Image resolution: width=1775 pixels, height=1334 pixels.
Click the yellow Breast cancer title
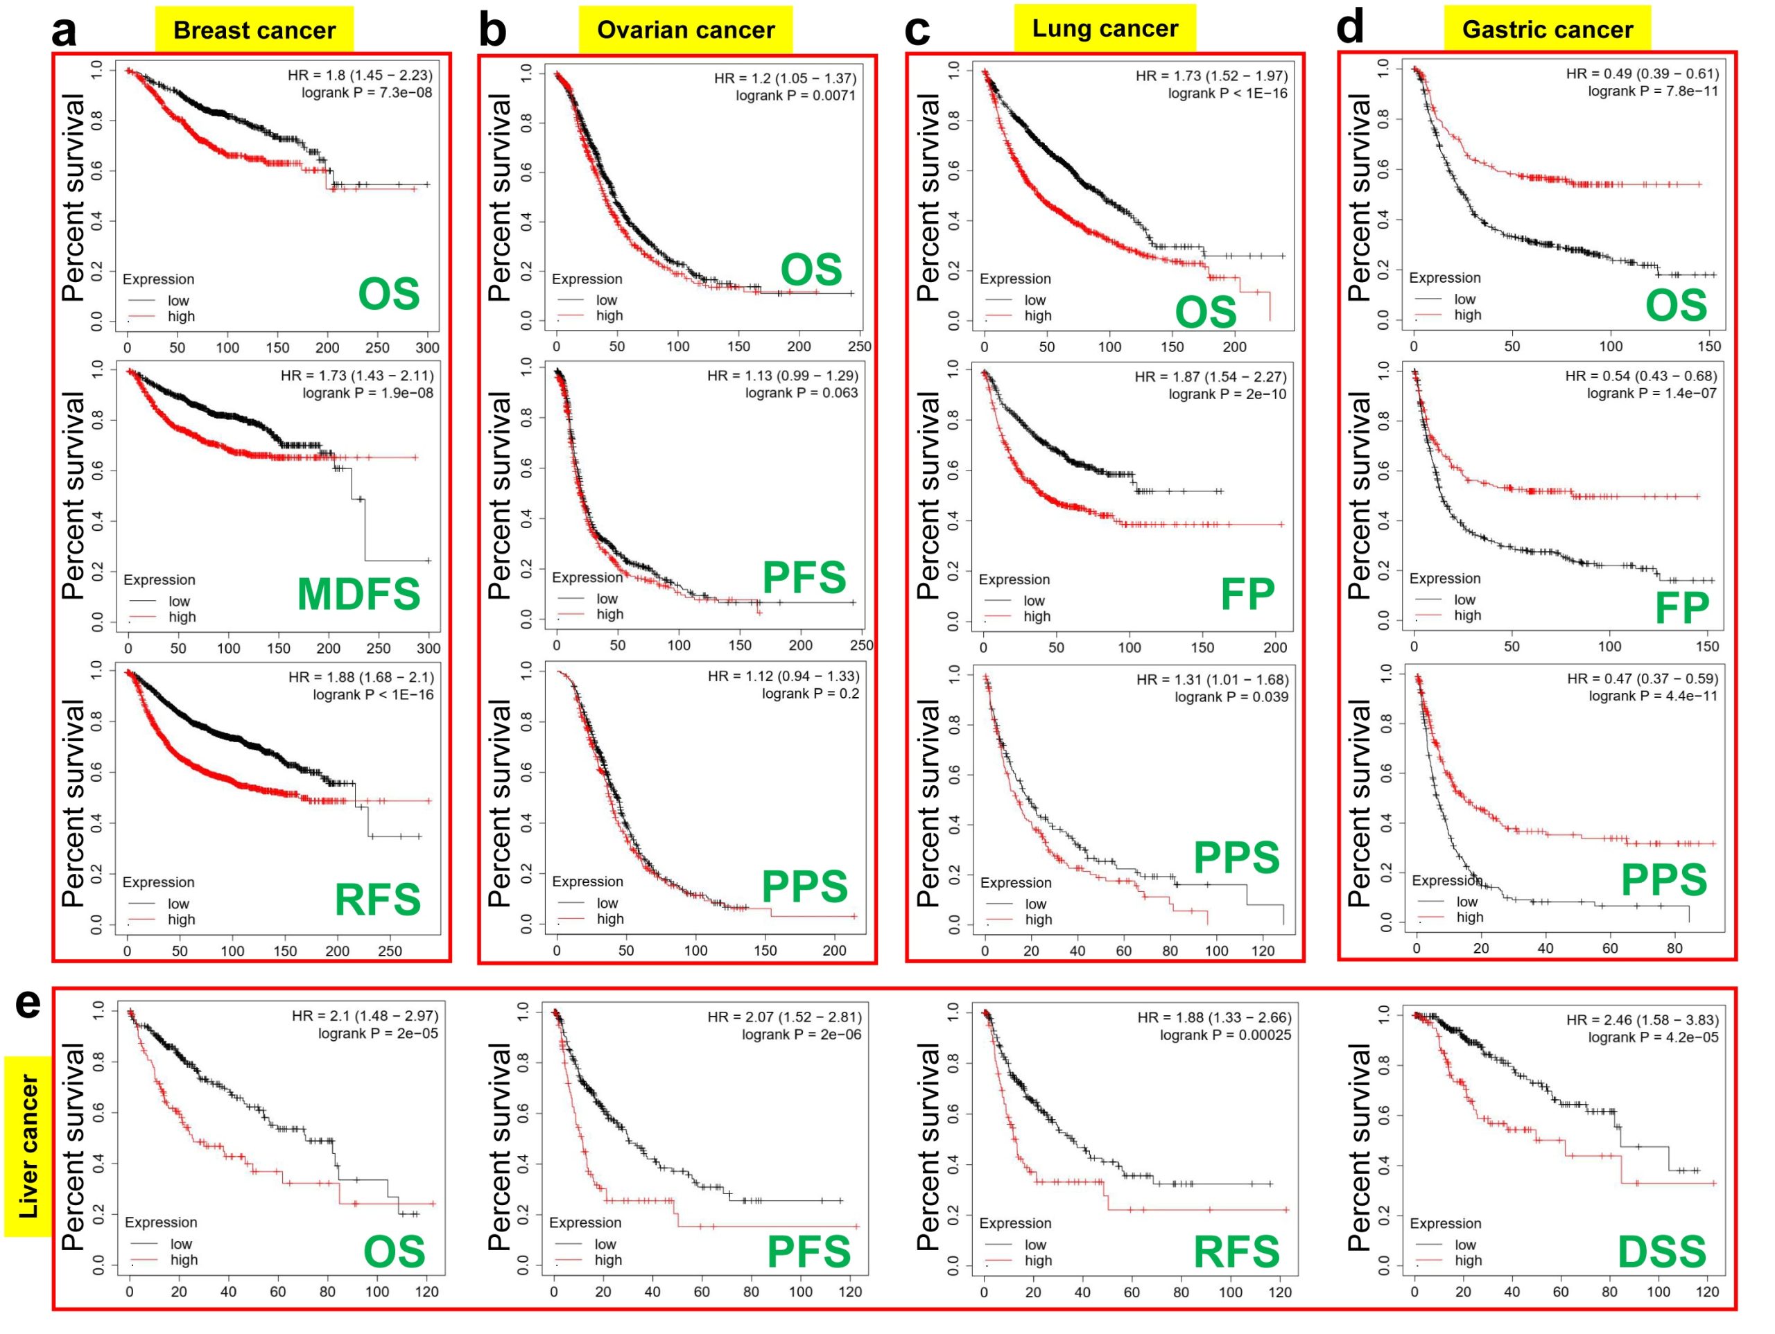[254, 30]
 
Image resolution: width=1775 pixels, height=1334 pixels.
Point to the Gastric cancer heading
[1547, 30]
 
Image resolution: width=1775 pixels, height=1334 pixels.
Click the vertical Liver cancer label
[29, 1147]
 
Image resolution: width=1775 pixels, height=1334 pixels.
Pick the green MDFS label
[358, 595]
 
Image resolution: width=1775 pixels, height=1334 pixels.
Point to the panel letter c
[917, 30]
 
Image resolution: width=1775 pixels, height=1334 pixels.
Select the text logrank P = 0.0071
[795, 96]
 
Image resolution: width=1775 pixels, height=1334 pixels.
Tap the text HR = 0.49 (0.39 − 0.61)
[1642, 73]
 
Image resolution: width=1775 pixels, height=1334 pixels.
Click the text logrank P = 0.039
[1231, 697]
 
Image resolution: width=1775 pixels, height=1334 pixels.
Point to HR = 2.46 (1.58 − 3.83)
[1642, 1020]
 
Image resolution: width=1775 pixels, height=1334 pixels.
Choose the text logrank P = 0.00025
[1224, 1035]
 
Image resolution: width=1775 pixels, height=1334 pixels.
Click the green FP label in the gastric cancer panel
[1682, 608]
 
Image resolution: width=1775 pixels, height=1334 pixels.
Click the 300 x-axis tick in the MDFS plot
[428, 648]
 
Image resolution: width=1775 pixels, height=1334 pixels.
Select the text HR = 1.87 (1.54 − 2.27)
[1210, 377]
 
